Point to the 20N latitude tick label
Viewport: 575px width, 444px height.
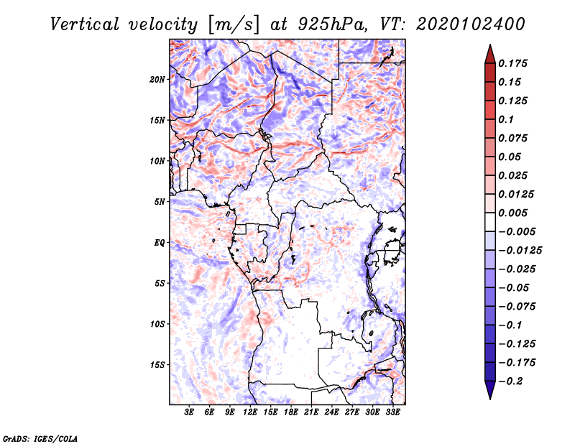pos(157,79)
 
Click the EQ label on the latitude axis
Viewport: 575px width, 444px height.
pos(160,243)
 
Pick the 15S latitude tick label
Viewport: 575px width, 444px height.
pos(157,365)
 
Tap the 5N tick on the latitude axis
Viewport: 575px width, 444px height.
pos(160,202)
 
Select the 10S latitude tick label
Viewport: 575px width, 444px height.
pos(157,324)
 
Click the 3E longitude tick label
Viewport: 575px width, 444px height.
pos(190,412)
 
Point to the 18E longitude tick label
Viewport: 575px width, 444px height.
pos(291,412)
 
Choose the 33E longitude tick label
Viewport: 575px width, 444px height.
pos(393,412)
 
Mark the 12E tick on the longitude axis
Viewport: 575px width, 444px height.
pos(251,412)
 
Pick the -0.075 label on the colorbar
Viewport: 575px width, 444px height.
pos(516,306)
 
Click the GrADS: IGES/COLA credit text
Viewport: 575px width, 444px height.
pos(30,438)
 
